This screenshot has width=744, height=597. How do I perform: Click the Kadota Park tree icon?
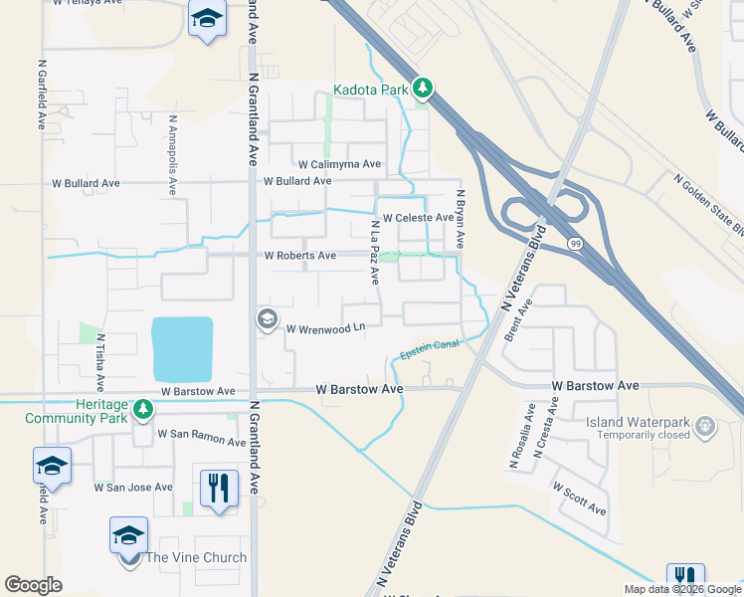[424, 90]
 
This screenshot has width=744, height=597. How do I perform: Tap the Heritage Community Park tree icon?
[144, 409]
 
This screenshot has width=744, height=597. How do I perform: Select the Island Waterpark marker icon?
[706, 426]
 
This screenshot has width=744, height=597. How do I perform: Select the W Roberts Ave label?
[299, 256]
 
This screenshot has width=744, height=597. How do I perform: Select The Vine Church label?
[196, 557]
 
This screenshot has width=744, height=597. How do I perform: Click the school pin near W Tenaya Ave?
[207, 20]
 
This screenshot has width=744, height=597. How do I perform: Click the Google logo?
[33, 585]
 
